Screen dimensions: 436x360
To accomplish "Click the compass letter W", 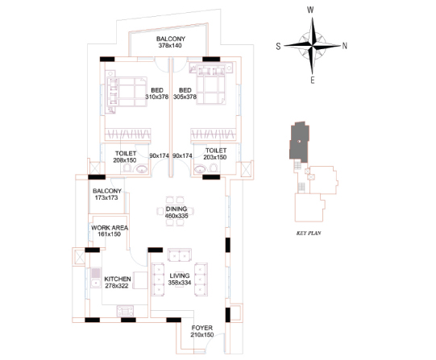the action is tap(310, 10).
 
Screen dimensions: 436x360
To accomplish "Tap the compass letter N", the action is tap(344, 46).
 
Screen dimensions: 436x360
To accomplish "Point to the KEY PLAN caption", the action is tap(309, 233).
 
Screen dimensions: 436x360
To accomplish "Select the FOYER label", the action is tap(202, 328).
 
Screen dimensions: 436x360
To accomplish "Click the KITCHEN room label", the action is tap(118, 279).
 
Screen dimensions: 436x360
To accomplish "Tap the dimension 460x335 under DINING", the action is tap(176, 216).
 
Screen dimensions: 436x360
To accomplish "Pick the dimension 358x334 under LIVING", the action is tap(180, 283).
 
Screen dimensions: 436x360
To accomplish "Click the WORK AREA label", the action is tap(110, 228).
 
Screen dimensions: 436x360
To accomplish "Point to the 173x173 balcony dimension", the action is tap(106, 198).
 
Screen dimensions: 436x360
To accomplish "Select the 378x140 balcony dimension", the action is tap(170, 46).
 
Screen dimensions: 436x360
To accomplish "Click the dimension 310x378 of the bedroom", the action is tap(157, 97).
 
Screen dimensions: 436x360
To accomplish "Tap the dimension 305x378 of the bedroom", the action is tap(185, 97).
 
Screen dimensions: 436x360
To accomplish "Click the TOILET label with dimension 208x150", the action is tap(126, 153).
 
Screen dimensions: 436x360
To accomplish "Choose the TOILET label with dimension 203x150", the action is tap(216, 151).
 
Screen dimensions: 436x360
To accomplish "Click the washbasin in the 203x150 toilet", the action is tap(200, 169).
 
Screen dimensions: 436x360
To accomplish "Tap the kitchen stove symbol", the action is tap(125, 311).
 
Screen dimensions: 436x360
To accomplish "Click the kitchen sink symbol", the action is tap(96, 278).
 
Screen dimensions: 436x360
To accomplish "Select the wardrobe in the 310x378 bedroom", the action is tap(127, 134).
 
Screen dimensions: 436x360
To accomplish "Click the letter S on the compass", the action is tap(278, 46).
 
